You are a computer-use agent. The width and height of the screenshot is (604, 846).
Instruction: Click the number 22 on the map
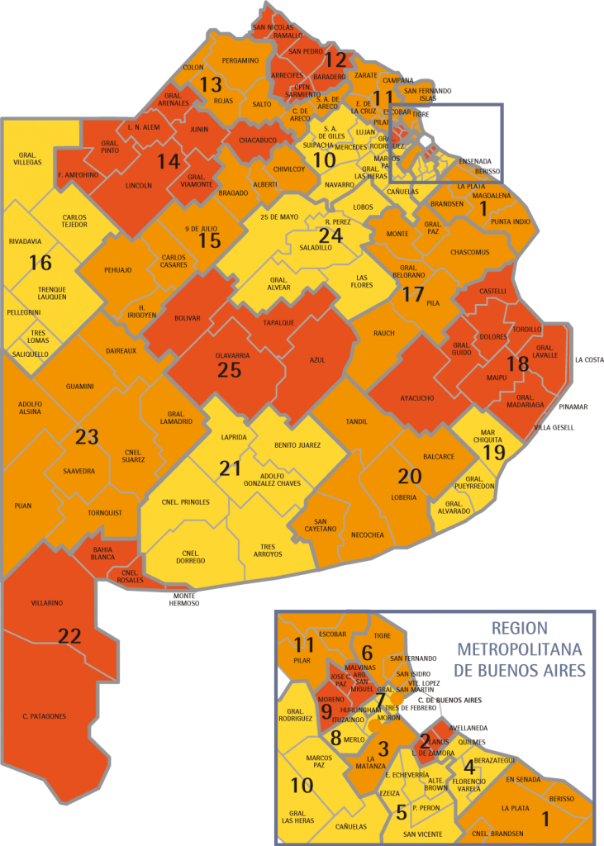(69, 635)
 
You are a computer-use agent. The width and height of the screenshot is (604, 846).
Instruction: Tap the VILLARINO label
(47, 603)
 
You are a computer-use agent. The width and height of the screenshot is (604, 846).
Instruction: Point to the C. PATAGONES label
(44, 715)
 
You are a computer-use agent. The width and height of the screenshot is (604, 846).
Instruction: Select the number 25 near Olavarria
(229, 369)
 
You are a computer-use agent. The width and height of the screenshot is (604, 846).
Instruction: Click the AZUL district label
(317, 360)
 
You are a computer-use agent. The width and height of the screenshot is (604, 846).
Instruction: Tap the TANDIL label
(357, 421)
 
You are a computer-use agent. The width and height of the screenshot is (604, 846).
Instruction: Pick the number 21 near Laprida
(230, 468)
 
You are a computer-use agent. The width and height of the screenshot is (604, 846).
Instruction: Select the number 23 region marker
(87, 436)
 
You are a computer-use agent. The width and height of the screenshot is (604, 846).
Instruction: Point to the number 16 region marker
(40, 263)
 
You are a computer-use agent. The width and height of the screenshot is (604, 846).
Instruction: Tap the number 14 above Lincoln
(169, 161)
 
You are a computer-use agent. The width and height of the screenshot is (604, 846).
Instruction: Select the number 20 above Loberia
(409, 476)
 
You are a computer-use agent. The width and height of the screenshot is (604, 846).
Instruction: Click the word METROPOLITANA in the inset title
(518, 649)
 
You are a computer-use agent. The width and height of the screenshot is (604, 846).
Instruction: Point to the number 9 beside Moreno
(326, 711)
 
